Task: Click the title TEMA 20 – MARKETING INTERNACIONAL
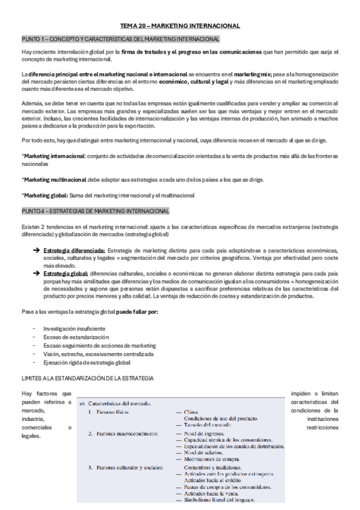pyautogui.click(x=180, y=26)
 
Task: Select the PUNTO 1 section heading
pyautogui.click(x=120, y=39)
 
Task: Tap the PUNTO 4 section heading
pyautogui.click(x=96, y=211)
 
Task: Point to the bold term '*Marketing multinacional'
pyautogui.click(x=52, y=180)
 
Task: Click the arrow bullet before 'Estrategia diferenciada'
pyautogui.click(x=35, y=250)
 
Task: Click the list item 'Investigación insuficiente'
pyautogui.click(x=74, y=329)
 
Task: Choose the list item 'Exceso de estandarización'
pyautogui.click(x=75, y=337)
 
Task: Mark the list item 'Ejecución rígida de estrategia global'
pyautogui.click(x=87, y=363)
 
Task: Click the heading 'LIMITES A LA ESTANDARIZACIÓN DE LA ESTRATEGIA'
pyautogui.click(x=88, y=378)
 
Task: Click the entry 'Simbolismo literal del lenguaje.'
pyautogui.click(x=219, y=500)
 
